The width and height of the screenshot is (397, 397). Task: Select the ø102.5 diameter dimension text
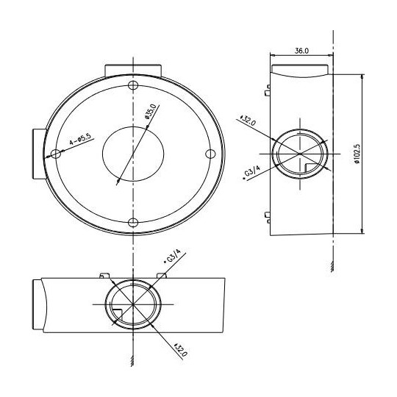[355, 154]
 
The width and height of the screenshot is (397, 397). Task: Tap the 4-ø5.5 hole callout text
[79, 137]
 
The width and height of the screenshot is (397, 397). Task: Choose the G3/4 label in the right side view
[253, 173]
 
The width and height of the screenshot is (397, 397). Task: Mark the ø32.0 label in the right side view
[248, 121]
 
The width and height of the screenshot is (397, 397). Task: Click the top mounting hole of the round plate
[133, 85]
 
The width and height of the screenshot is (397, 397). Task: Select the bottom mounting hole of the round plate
[133, 222]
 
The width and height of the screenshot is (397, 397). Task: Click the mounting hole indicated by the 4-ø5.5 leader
[54, 154]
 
